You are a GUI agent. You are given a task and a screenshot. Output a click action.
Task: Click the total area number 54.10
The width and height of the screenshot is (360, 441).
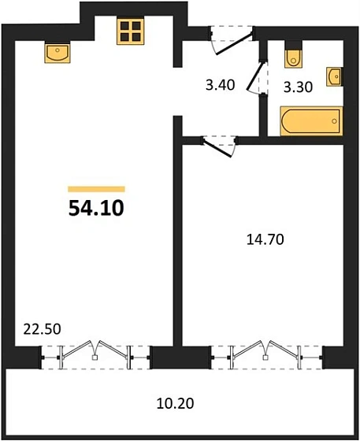[x=96, y=208]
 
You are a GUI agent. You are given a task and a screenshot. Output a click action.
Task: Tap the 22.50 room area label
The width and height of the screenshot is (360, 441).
[x=42, y=329]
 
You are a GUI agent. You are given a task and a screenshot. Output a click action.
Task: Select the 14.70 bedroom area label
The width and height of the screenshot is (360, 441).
[x=265, y=239]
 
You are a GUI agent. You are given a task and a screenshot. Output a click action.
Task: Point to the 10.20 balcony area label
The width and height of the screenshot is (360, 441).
[x=175, y=403]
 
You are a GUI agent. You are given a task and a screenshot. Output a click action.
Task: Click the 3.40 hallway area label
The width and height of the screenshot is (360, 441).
[x=221, y=85]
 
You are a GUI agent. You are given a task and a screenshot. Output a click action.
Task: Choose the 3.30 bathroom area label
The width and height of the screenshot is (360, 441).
[x=298, y=87]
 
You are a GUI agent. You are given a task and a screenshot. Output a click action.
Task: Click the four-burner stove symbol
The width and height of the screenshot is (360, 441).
[x=131, y=31]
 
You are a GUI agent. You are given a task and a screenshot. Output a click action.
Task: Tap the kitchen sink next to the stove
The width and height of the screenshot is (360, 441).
[x=58, y=53]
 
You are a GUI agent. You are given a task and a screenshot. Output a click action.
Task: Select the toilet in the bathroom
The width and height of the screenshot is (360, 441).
[x=294, y=58]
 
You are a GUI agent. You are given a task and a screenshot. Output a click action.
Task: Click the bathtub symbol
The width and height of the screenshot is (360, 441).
[x=312, y=121]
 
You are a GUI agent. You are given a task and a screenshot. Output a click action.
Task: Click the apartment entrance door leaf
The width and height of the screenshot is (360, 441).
[x=233, y=43]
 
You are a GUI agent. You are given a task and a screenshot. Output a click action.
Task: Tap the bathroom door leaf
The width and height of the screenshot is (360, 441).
[x=256, y=76]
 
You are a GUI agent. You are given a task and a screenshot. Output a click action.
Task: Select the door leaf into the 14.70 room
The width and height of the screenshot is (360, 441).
[x=217, y=148]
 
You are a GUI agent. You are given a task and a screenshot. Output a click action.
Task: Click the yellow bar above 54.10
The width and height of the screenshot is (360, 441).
[x=96, y=189]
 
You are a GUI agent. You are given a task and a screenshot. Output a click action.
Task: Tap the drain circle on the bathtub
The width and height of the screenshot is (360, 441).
[x=334, y=121]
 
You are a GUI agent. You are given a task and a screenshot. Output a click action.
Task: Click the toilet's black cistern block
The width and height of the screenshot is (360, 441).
[x=294, y=45]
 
